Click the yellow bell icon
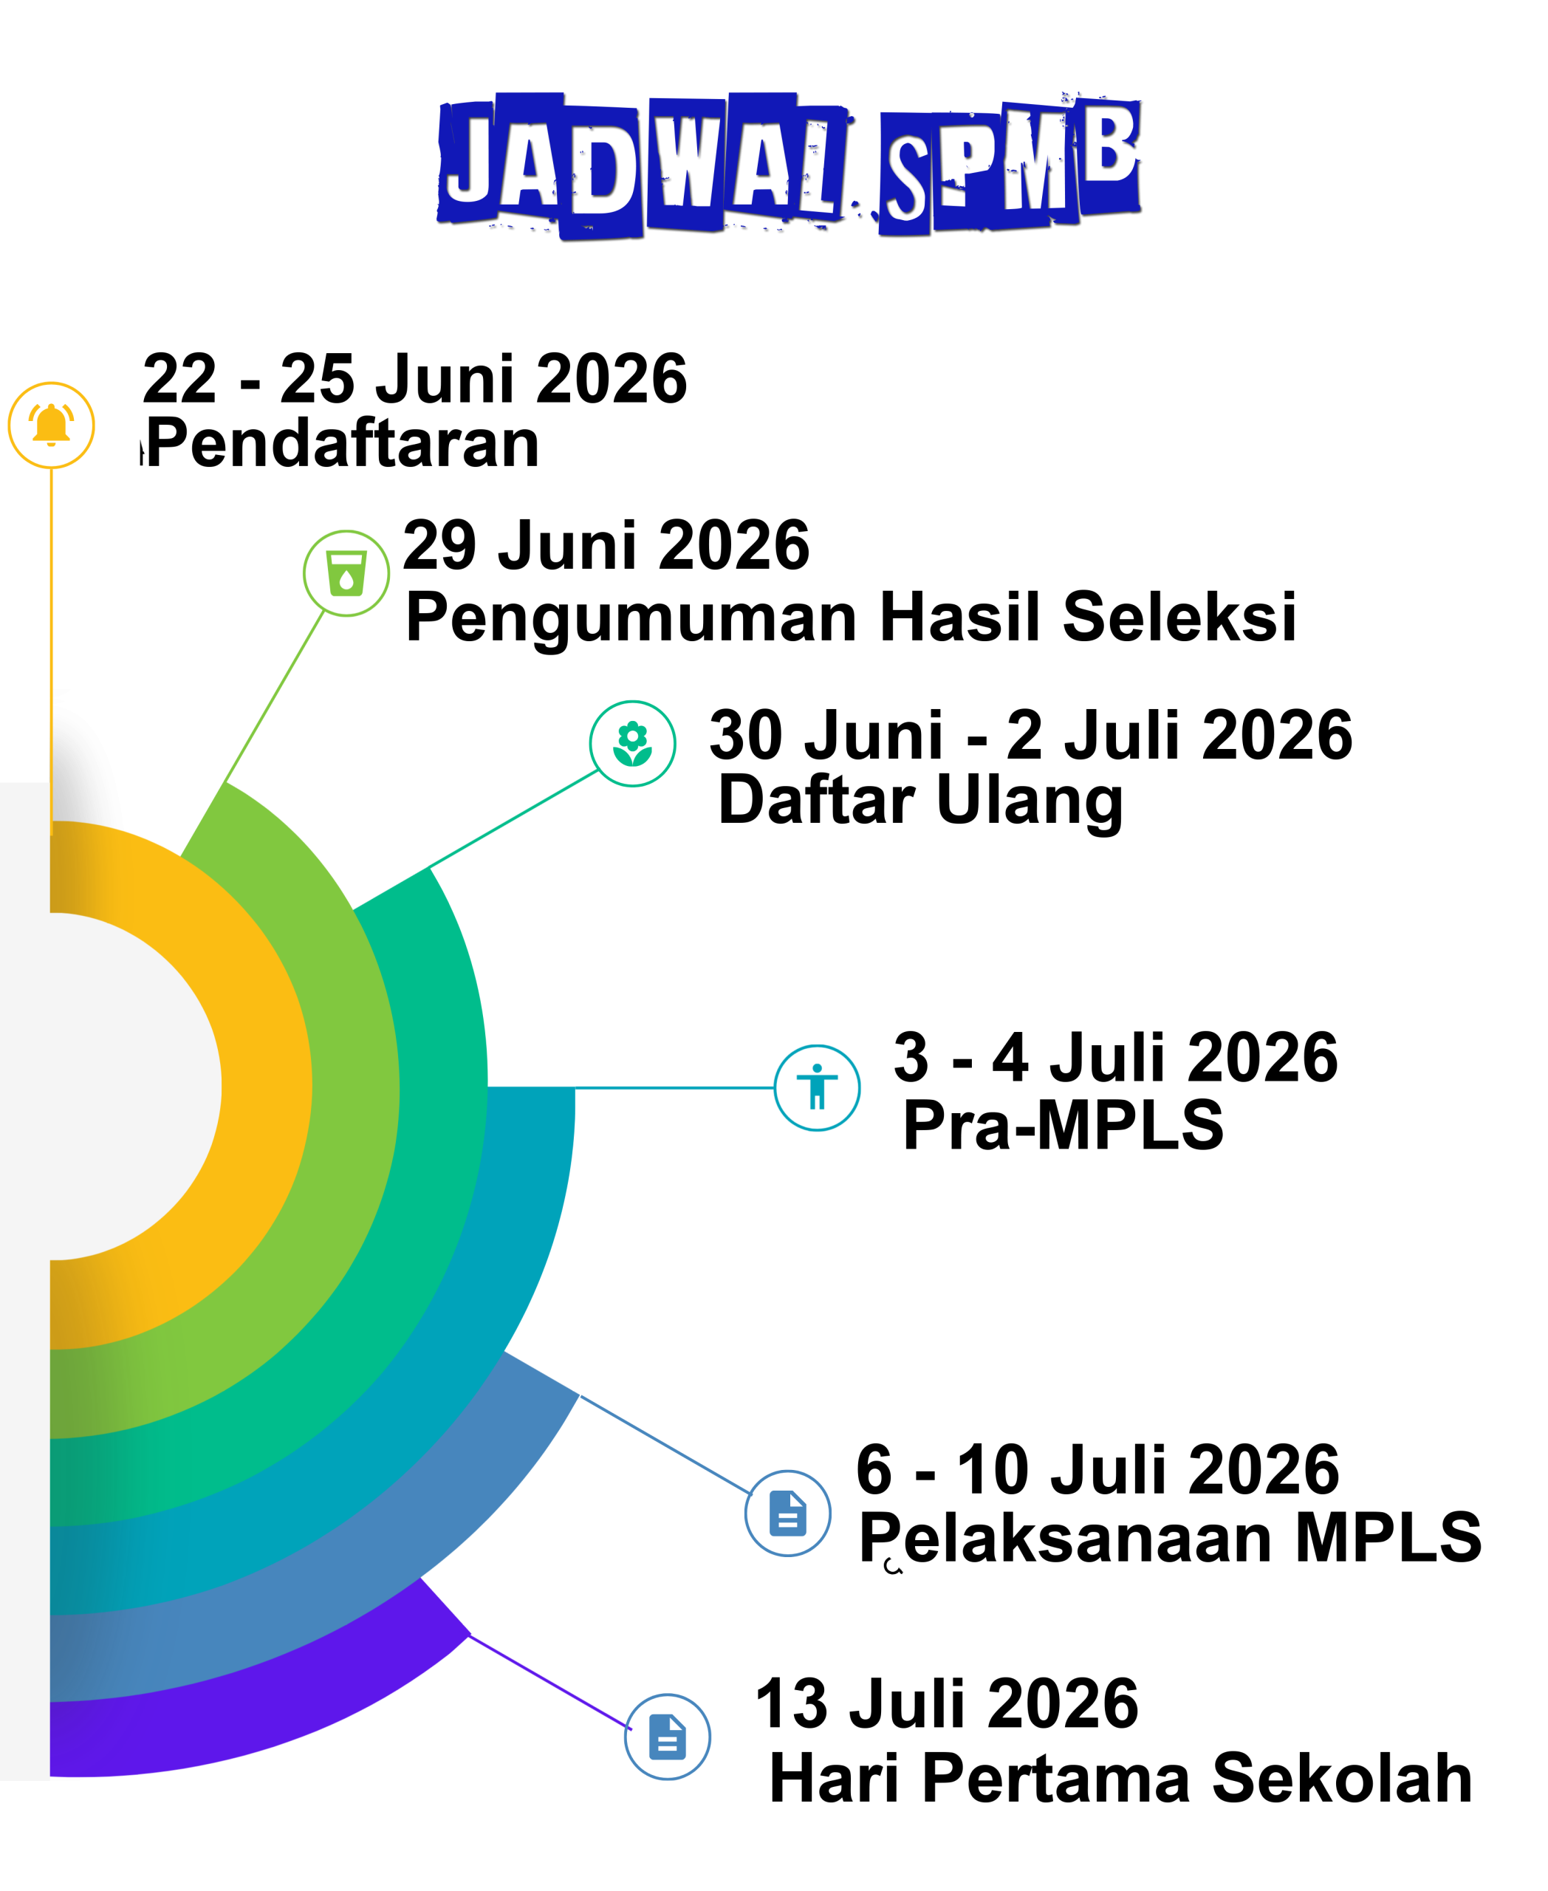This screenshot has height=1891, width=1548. [x=51, y=425]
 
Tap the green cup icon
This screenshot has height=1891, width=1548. [x=346, y=572]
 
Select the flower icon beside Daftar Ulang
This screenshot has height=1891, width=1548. [x=632, y=743]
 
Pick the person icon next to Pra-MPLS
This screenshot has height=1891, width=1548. [x=817, y=1087]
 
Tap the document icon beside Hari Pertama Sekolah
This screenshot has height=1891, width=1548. [x=667, y=1737]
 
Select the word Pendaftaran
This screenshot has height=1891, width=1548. [x=343, y=442]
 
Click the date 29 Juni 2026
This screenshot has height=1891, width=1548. [x=606, y=545]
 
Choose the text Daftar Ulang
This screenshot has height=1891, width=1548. [x=920, y=800]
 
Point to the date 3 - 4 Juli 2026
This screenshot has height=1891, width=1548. [x=1115, y=1057]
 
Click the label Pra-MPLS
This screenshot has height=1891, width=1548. [x=1063, y=1125]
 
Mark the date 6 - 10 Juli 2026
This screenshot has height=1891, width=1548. [x=1097, y=1470]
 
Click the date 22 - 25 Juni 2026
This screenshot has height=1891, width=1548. [x=414, y=378]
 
